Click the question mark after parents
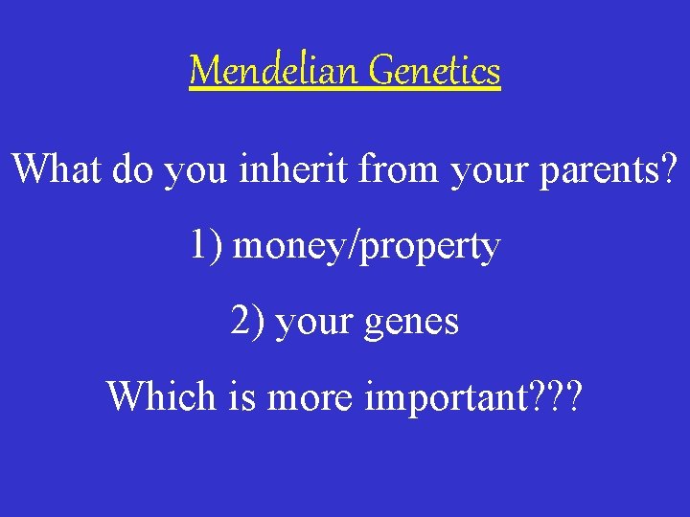(668, 169)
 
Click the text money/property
(367, 248)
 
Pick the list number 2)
(248, 322)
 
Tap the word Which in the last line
(161, 395)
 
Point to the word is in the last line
(238, 395)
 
